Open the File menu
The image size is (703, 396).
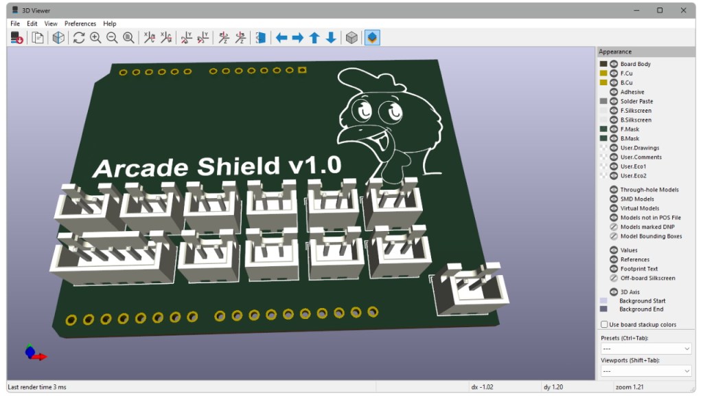15,23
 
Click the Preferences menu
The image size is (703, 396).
80,23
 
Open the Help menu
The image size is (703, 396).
110,23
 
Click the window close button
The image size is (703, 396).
682,10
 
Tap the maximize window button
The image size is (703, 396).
660,10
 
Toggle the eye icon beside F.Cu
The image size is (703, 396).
614,73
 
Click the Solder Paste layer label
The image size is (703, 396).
636,101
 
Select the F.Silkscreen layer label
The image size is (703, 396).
636,111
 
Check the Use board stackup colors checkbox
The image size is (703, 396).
604,324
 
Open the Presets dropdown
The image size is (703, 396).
645,349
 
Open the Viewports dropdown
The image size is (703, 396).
645,371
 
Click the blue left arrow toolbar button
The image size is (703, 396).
281,38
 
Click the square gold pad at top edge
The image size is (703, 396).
302,69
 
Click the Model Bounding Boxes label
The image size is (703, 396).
651,236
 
